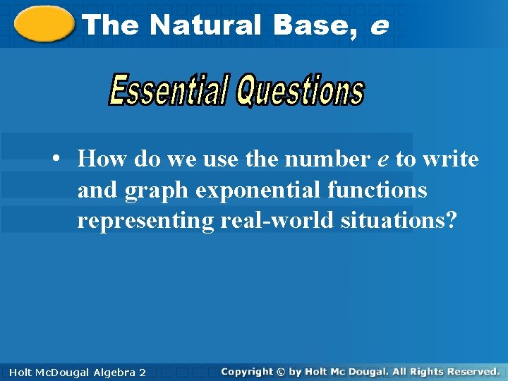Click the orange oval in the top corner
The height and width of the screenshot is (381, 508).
coord(44,25)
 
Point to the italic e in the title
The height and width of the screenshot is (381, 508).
coord(377,26)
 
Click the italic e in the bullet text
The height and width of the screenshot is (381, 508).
coord(383,160)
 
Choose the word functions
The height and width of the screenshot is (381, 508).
coord(380,190)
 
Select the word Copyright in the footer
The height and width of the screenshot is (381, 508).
coord(246,371)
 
